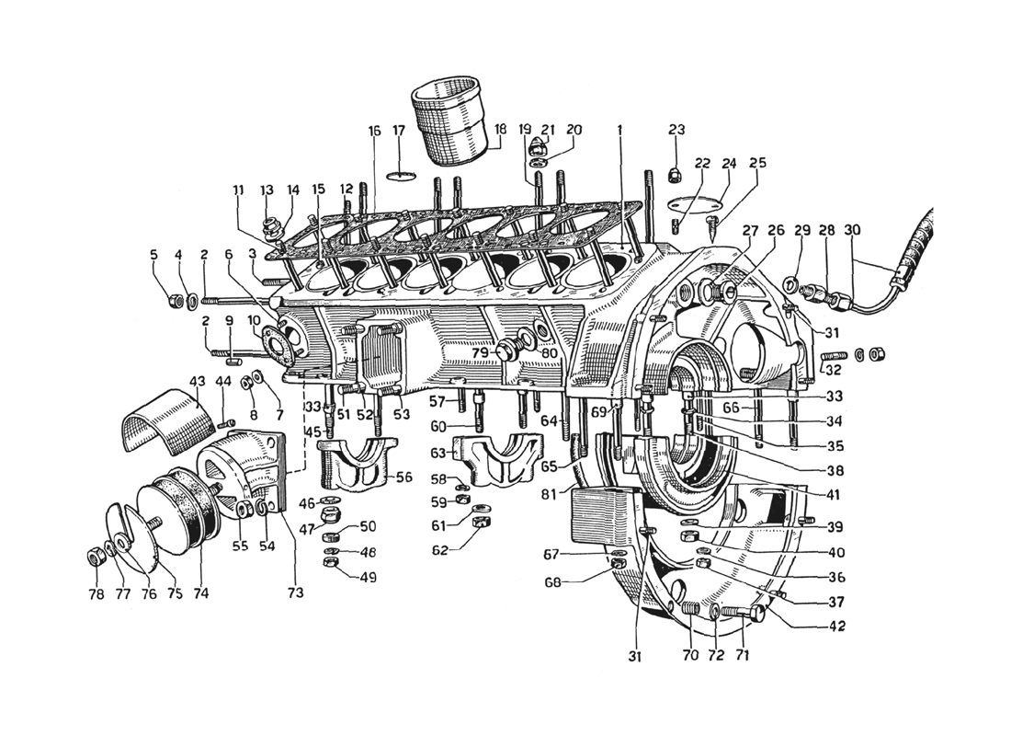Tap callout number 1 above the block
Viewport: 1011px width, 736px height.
tap(619, 130)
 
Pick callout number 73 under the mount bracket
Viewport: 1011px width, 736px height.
tap(296, 592)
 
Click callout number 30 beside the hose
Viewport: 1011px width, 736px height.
tap(851, 231)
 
